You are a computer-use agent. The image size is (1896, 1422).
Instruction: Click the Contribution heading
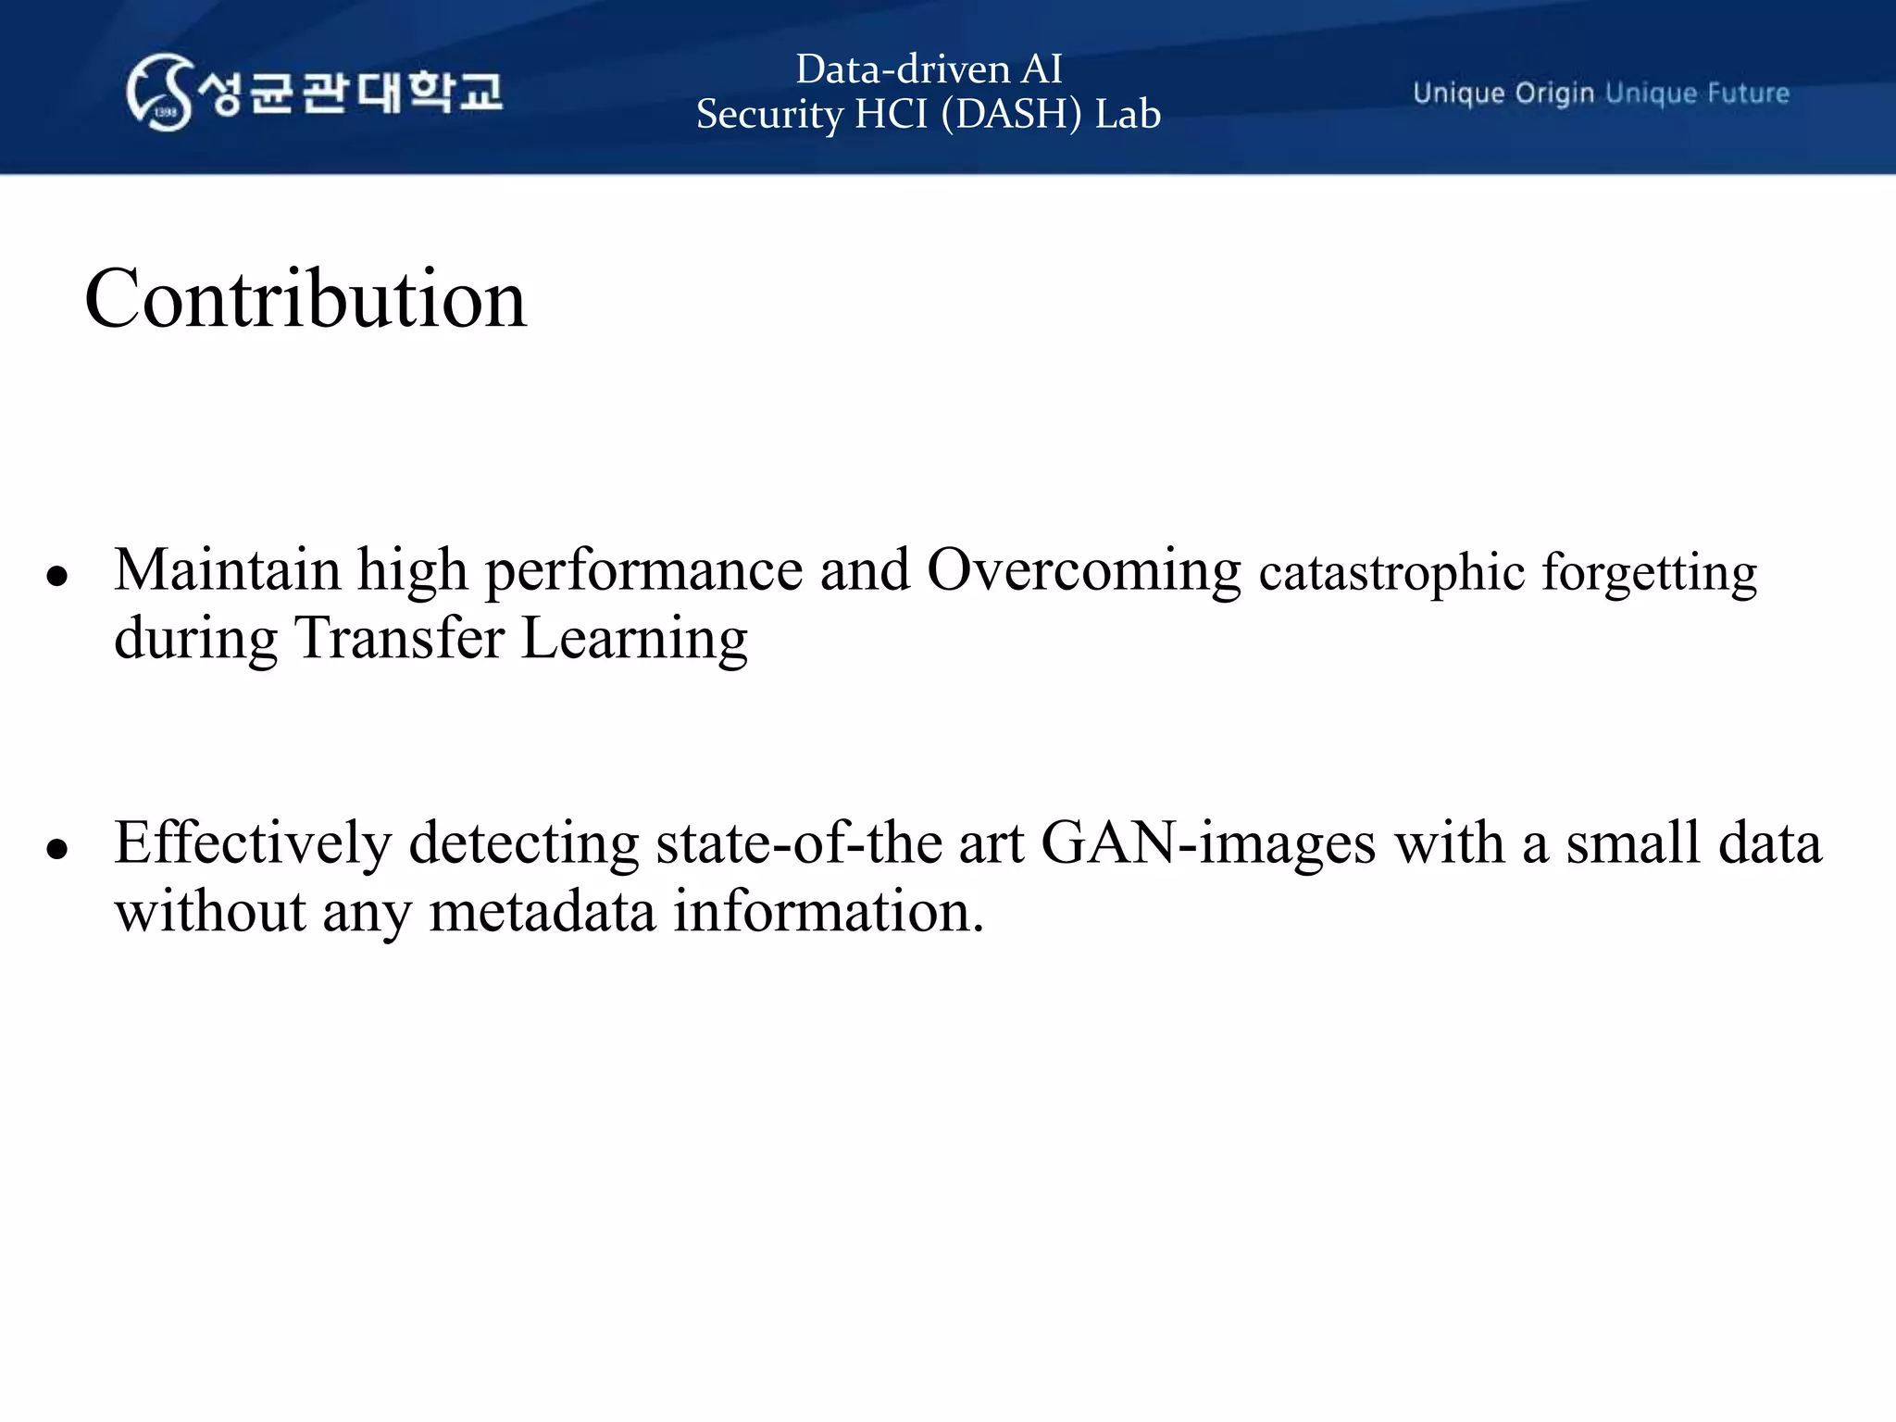click(x=306, y=298)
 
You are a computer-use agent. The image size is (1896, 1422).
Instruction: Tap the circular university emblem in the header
click(x=159, y=93)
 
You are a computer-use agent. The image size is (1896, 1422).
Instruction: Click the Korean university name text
click(x=352, y=93)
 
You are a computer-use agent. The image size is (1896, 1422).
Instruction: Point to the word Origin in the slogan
click(x=1554, y=94)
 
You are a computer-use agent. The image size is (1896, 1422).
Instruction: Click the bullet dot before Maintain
click(x=57, y=576)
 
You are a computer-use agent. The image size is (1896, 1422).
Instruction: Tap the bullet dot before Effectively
click(x=57, y=848)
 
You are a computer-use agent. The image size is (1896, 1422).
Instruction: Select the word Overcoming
click(x=1084, y=570)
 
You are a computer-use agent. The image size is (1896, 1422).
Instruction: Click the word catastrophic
click(x=1391, y=572)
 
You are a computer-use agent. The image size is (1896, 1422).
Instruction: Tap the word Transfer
click(x=400, y=639)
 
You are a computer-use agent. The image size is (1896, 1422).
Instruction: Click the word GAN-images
click(x=1208, y=844)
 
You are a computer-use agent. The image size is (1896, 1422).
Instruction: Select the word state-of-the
click(x=799, y=843)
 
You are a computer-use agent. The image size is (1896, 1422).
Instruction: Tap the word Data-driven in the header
click(x=902, y=69)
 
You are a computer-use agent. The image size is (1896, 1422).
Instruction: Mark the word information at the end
click(x=828, y=912)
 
